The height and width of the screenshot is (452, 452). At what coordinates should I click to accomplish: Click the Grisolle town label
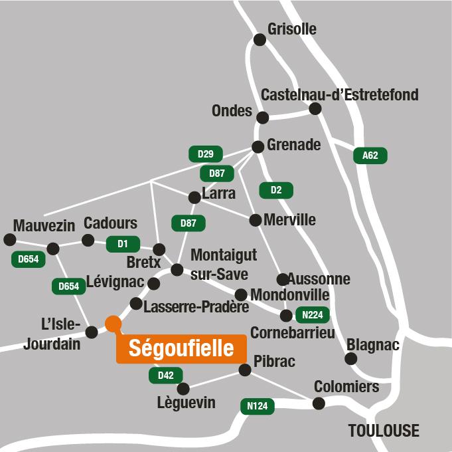coord(292,29)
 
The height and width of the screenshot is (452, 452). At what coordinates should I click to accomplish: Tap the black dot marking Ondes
coord(263,118)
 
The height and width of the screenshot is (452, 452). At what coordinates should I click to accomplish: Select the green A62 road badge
coord(370,156)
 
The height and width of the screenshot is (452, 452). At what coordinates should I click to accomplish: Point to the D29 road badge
coord(206,154)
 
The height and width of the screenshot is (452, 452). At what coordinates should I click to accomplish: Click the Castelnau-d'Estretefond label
coord(340,95)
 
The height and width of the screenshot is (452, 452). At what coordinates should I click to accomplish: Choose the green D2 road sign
coord(276,191)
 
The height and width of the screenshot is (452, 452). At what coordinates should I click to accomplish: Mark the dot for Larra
coord(194,197)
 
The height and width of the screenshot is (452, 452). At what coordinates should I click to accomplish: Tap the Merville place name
coord(289,219)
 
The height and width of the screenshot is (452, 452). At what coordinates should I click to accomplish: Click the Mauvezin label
coord(44,225)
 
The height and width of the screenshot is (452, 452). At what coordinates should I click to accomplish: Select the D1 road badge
coord(123,244)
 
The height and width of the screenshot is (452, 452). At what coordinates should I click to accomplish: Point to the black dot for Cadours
coord(88,240)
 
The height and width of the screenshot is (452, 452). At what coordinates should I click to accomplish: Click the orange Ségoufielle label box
coord(181,348)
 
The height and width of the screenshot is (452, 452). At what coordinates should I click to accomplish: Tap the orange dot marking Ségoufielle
coord(113,324)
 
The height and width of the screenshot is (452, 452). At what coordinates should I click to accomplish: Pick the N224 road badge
coord(313,315)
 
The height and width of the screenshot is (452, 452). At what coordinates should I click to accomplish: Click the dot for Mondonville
coord(241,294)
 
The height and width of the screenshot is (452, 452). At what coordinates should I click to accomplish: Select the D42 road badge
coord(165,376)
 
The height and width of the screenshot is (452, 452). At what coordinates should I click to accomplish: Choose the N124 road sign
coord(257,406)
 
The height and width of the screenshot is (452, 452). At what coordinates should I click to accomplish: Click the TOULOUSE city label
coord(384,431)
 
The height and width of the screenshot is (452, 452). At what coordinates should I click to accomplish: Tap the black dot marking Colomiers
coord(319,403)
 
